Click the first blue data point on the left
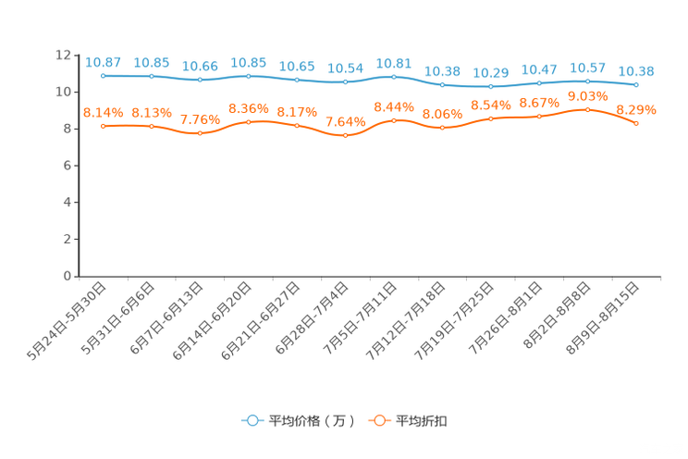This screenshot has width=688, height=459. [103, 75]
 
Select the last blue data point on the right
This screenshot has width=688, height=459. [636, 84]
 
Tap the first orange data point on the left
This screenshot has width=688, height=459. [103, 126]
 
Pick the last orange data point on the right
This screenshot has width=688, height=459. [636, 124]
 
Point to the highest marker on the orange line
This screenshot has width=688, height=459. [587, 109]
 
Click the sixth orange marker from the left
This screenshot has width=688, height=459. [345, 135]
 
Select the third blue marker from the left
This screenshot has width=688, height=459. [200, 81]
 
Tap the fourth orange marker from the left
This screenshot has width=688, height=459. [248, 121]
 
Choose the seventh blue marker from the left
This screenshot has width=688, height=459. [394, 76]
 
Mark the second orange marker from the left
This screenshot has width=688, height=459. [151, 126]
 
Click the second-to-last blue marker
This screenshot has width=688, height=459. [587, 81]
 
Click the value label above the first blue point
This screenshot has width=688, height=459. [103, 62]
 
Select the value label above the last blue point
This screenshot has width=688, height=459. [636, 70]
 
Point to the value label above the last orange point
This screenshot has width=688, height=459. [636, 109]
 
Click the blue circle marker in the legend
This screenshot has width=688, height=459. [251, 420]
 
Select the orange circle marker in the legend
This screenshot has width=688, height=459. [378, 420]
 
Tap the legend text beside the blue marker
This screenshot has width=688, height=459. [312, 421]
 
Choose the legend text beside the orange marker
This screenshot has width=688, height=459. [423, 421]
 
